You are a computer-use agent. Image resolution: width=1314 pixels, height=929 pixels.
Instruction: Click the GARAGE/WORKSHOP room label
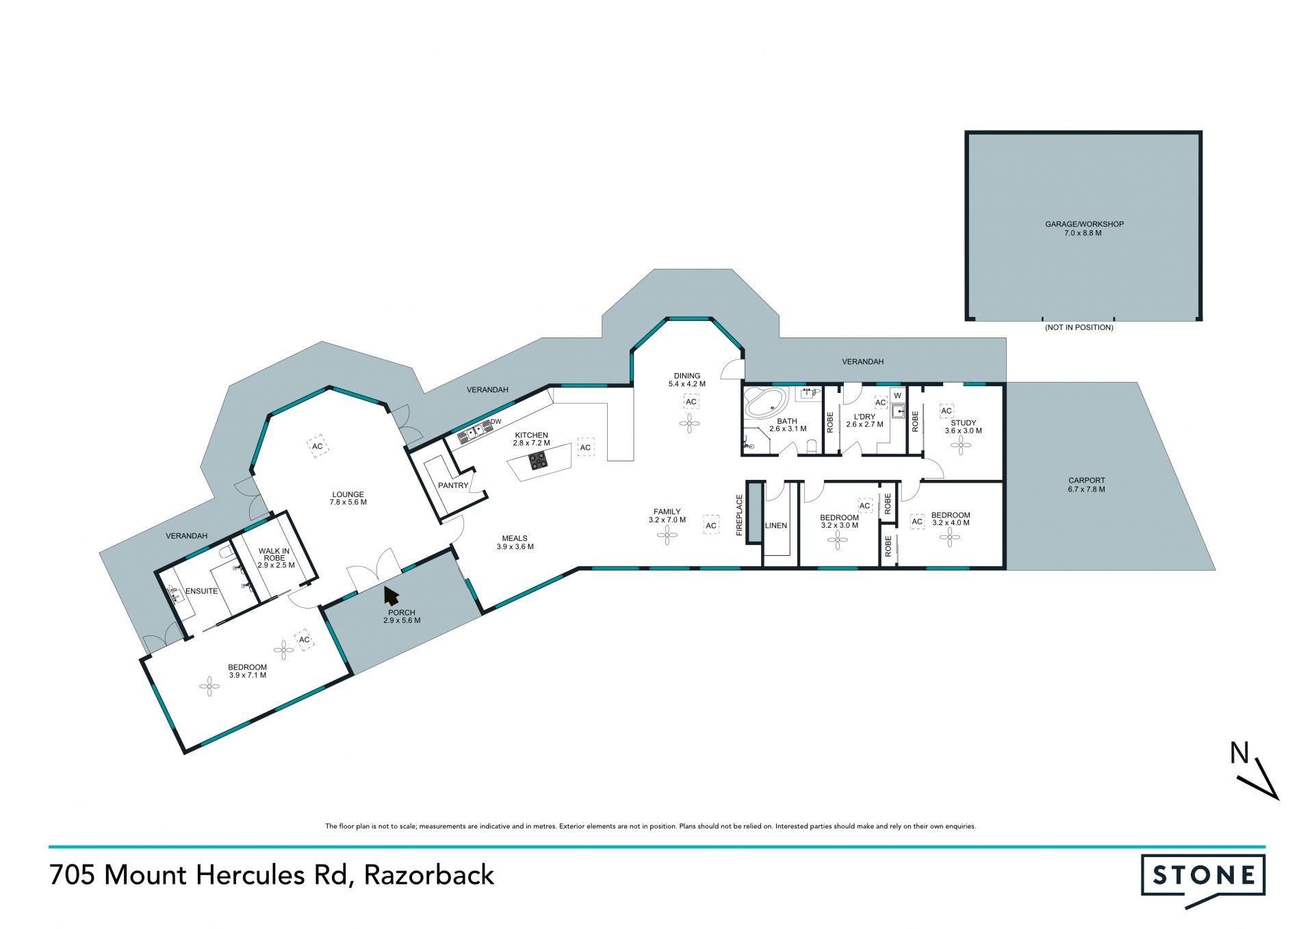(1084, 224)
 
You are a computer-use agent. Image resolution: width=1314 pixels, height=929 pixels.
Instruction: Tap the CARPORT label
(1087, 481)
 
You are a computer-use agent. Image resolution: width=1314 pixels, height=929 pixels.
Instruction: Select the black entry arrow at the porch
(391, 596)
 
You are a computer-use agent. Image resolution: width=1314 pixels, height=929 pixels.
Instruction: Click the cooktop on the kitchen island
(538, 461)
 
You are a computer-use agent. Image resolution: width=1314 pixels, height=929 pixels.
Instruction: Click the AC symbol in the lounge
(318, 446)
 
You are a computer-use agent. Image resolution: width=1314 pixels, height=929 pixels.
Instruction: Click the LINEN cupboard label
(776, 526)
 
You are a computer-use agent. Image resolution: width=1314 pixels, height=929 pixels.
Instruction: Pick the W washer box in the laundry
(897, 396)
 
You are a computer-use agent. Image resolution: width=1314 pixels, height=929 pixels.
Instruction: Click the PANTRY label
(453, 485)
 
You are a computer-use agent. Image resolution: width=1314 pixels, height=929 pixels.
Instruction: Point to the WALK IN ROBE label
(274, 555)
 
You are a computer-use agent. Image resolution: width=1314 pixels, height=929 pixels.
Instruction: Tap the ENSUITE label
(201, 591)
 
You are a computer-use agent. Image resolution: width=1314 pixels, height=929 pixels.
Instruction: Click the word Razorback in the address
(429, 875)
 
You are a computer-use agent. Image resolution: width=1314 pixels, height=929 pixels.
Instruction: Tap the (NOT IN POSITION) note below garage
(1079, 327)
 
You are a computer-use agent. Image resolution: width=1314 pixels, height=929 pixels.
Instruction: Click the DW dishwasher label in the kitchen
(496, 421)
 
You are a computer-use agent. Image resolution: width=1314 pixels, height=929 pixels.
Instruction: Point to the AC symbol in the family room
(711, 526)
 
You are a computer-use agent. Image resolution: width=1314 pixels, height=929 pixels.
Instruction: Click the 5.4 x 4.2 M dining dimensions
(687, 384)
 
